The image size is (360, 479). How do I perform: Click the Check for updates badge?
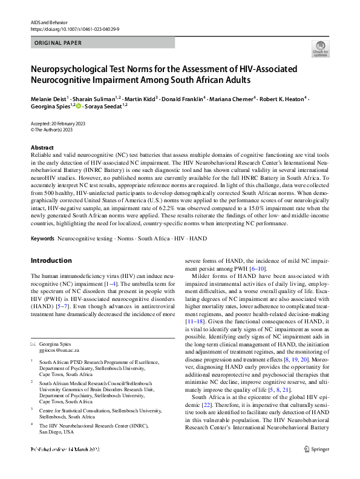click(x=319, y=48)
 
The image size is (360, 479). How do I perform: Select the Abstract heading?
click(x=42, y=148)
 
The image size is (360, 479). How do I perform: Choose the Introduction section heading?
click(x=51, y=261)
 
